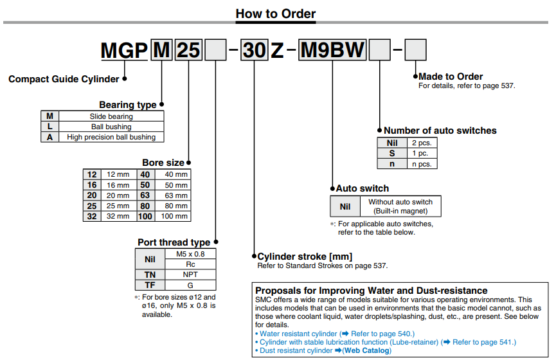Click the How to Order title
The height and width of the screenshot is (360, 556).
coord(276,13)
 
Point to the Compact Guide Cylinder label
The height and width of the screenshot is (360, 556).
coord(64,79)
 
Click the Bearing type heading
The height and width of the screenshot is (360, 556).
coord(127,105)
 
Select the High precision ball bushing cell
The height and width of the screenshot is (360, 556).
coord(111,137)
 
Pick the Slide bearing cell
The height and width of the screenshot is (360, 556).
coord(111,116)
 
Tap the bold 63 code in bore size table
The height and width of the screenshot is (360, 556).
coord(145,195)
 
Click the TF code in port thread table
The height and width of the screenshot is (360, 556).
coord(150,285)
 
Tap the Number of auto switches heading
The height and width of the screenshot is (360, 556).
coord(440,130)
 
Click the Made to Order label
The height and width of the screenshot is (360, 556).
coord(451,76)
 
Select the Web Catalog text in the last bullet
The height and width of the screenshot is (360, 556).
coord(366,350)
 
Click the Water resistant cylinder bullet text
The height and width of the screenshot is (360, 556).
coord(298,334)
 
